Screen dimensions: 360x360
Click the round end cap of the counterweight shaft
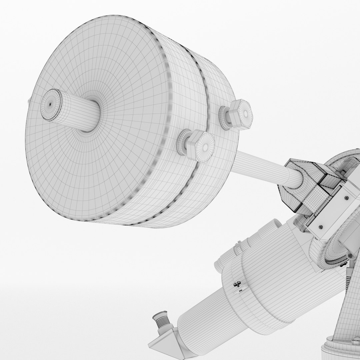coord(51,104)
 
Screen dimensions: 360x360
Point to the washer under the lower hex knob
coord(183,143)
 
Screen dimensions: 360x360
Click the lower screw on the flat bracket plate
coord(320,227)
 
